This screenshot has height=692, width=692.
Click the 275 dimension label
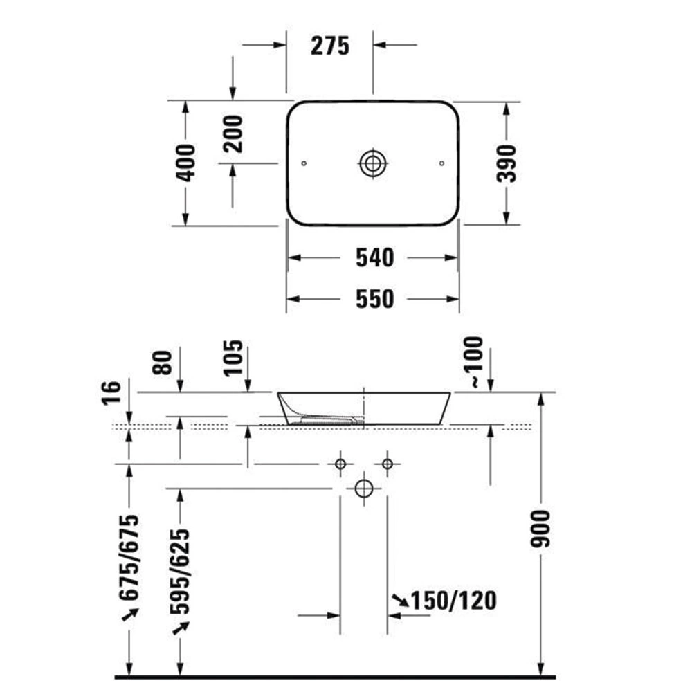point(330,46)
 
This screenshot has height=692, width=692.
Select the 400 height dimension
point(186,163)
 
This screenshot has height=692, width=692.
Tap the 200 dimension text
point(234,134)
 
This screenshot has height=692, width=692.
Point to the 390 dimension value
point(507,163)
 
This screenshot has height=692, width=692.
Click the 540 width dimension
point(374,258)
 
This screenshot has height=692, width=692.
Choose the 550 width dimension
point(374,299)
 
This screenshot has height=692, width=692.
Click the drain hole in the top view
point(373,163)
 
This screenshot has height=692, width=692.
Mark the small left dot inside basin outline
point(304,163)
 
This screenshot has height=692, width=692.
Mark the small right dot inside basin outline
point(441,163)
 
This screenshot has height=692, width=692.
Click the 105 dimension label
point(233,358)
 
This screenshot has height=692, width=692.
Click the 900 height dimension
point(540,529)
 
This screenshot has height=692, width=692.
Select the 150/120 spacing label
point(453,601)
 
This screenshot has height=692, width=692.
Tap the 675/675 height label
point(129,558)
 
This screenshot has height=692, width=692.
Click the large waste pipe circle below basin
point(363,489)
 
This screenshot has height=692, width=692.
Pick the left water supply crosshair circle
point(340,464)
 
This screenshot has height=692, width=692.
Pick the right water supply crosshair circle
point(388,464)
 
